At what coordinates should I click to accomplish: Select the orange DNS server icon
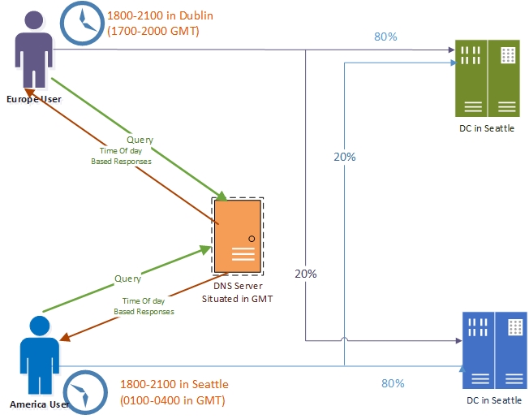click(x=237, y=236)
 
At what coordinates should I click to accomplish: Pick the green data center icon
click(x=486, y=78)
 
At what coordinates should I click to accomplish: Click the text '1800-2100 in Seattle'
click(x=174, y=384)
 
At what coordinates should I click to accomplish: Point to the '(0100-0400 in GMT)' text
click(x=173, y=400)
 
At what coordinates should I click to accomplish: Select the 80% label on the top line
click(x=385, y=37)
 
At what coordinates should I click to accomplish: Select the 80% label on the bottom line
click(x=393, y=383)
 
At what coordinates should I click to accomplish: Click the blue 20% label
click(x=345, y=158)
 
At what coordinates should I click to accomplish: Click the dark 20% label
click(x=305, y=274)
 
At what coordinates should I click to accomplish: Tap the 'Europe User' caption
click(x=34, y=99)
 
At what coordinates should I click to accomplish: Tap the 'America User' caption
click(x=37, y=404)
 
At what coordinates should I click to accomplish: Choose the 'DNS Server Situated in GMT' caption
click(x=237, y=292)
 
